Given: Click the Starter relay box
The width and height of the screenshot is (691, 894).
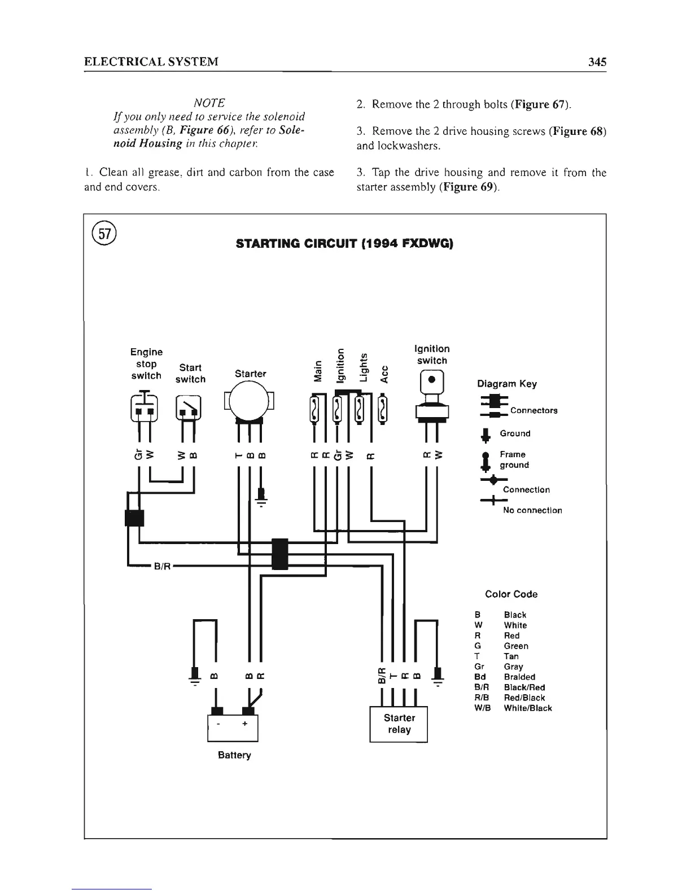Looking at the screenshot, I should [x=399, y=724].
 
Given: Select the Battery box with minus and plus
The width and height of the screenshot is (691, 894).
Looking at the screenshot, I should [x=233, y=728].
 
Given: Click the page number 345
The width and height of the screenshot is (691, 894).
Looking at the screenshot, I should [x=597, y=62].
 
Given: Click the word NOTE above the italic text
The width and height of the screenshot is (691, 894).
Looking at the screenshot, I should [x=209, y=103].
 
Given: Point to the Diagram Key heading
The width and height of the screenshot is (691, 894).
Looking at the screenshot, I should [x=506, y=384].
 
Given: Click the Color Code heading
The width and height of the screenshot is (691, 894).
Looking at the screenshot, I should [x=511, y=594].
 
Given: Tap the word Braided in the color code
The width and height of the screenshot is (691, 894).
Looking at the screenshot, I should [x=519, y=677].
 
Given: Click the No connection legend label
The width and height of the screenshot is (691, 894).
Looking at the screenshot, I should [x=532, y=510].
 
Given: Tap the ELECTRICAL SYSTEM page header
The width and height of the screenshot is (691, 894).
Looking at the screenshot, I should [x=151, y=62].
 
